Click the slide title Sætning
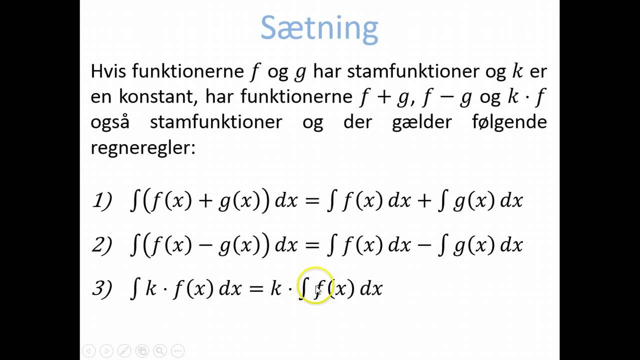[x=319, y=29]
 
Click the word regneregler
[x=142, y=147]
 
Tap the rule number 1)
[x=102, y=201]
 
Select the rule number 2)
[x=102, y=245]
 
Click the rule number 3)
[x=102, y=288]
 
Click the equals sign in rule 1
[x=311, y=201]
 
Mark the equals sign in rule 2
[x=311, y=245]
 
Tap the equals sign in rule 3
[x=256, y=288]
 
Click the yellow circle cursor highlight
[x=315, y=285]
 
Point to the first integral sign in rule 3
[x=134, y=288]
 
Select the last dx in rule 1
[x=511, y=201]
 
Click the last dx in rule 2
[x=511, y=245]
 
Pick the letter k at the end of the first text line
[x=516, y=71]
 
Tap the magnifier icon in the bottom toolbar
[x=159, y=351]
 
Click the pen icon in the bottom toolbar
[x=124, y=351]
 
